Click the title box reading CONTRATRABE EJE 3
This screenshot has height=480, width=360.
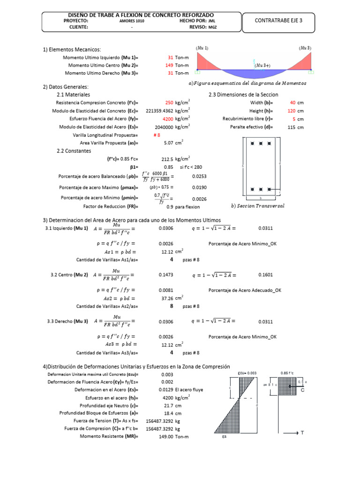[x=278, y=20]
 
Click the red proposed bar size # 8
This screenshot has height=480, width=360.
[x=157, y=135]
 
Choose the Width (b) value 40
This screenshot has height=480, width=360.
[x=293, y=102]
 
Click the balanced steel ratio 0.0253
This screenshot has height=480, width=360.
[x=199, y=176]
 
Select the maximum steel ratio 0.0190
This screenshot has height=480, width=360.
[x=199, y=187]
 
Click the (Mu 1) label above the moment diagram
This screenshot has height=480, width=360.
[x=202, y=48]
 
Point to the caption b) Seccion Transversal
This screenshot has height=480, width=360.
[x=258, y=205]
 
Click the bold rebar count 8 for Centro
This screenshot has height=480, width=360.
[x=172, y=306]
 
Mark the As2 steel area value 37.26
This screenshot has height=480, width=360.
[x=167, y=298]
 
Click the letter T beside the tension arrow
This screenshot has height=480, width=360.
[x=302, y=433]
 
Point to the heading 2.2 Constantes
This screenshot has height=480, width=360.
[x=74, y=151]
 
